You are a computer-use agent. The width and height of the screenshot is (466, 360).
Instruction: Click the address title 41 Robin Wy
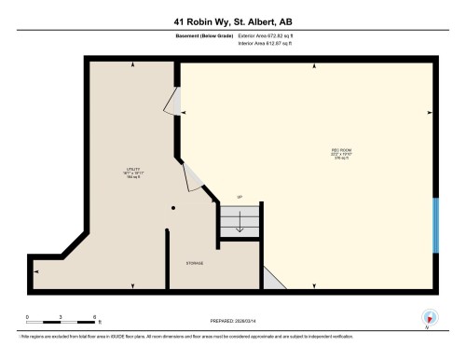(232, 21)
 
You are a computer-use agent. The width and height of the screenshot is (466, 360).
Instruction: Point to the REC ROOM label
(315, 153)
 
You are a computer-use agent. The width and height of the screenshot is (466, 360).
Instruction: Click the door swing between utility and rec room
(195, 179)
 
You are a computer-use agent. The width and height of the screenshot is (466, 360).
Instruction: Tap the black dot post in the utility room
(172, 209)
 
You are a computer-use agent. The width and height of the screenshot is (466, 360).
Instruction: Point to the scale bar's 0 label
(28, 317)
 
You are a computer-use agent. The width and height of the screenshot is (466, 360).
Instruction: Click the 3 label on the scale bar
(62, 317)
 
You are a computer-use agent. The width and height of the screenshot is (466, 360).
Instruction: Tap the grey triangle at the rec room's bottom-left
(270, 279)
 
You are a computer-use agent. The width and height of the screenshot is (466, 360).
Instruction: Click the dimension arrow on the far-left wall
(35, 271)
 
